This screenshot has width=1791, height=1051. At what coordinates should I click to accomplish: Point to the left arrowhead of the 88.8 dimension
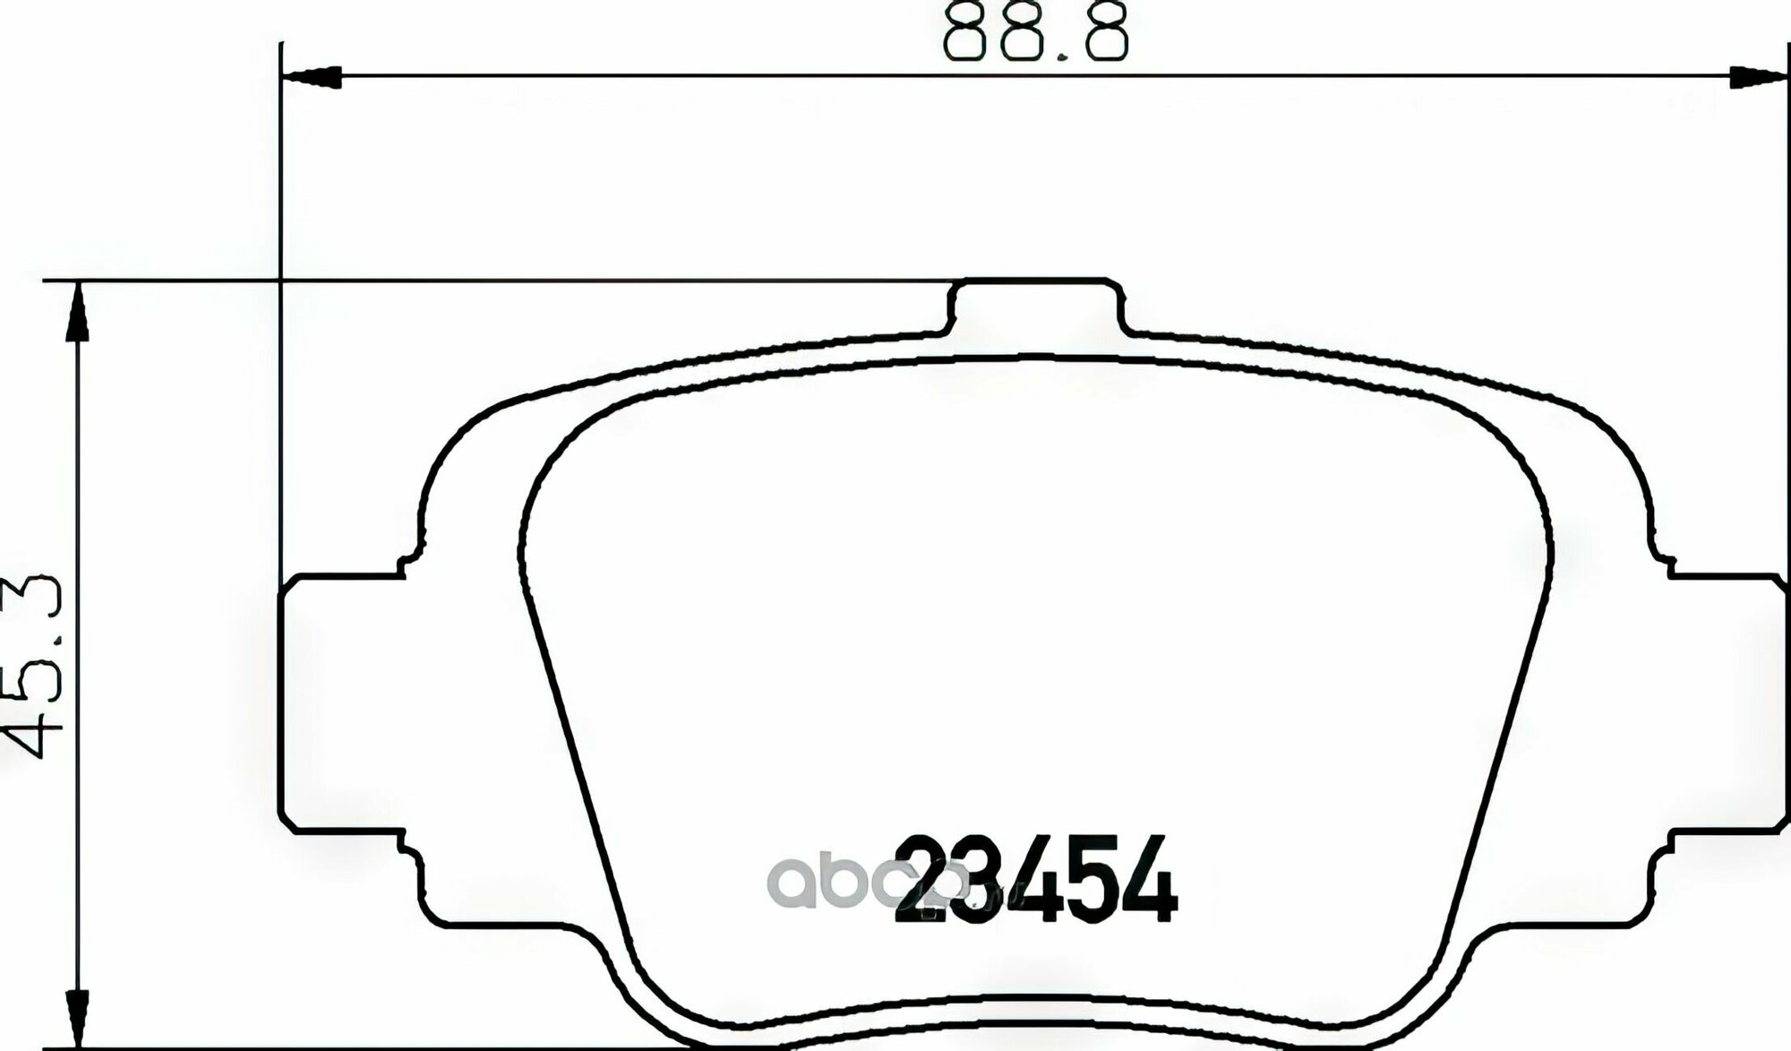[x=311, y=77]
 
